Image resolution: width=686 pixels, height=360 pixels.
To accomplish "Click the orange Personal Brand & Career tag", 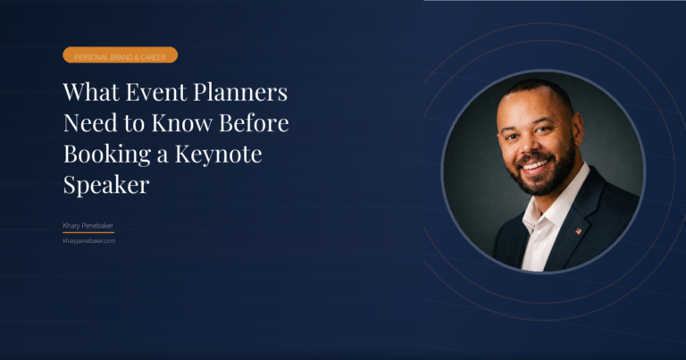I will pyautogui.click(x=120, y=55).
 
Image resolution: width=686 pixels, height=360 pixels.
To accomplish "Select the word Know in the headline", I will pyautogui.click(x=198, y=123).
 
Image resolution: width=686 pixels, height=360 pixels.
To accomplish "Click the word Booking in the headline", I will pyautogui.click(x=101, y=154).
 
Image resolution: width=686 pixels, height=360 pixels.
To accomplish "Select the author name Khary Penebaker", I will pyautogui.click(x=88, y=227).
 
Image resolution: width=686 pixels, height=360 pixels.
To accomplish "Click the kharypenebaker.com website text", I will pyautogui.click(x=89, y=240).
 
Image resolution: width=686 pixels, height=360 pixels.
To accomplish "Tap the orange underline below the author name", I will pyautogui.click(x=88, y=233).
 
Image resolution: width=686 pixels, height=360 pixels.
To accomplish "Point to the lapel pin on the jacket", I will pyautogui.click(x=578, y=230).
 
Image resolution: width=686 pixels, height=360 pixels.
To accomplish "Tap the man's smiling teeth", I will pyautogui.click(x=534, y=165).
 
